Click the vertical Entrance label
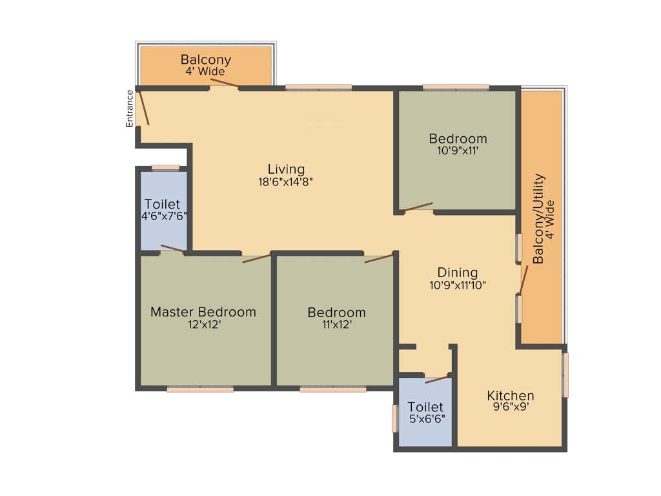pos(130,108)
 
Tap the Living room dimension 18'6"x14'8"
pos(285,182)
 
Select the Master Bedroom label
pos(203,312)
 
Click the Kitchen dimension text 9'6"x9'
pos(511,407)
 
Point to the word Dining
pos(458,273)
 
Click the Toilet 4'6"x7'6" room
pos(164,210)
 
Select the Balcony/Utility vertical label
pos(539,218)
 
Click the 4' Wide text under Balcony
pos(205,72)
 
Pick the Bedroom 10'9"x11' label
pos(458,139)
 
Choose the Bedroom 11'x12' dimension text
pos(336,325)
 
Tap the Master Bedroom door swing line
pos(256,258)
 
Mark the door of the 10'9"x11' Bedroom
pos(418,207)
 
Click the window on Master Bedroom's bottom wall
pos(199,389)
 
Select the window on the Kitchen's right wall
pos(565,375)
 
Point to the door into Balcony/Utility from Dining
pos(524,278)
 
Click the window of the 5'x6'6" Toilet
pos(395,418)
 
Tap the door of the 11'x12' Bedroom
pos(378,258)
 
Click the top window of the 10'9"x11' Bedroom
pos(456,87)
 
